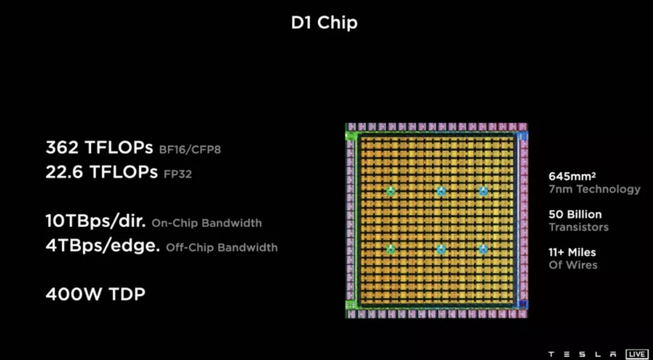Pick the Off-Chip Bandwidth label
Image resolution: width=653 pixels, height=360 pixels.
click(x=221, y=248)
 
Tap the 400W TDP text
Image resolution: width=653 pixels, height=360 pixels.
click(x=96, y=295)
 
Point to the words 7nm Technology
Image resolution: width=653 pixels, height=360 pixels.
click(x=593, y=190)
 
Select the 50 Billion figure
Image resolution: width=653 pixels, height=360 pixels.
click(x=574, y=215)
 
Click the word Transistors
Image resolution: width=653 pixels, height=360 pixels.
click(x=577, y=228)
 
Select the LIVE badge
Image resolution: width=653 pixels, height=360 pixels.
click(x=638, y=354)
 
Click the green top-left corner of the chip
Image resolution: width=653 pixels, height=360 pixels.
click(x=350, y=136)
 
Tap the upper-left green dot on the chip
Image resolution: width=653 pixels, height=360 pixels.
click(x=391, y=191)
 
